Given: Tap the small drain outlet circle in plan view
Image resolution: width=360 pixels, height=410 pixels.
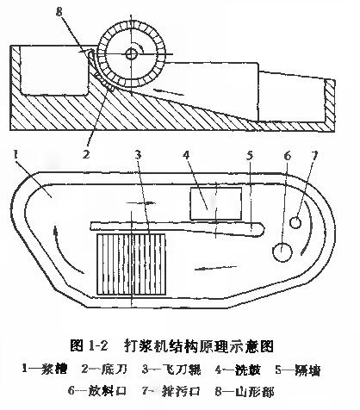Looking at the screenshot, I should [x=295, y=223].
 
